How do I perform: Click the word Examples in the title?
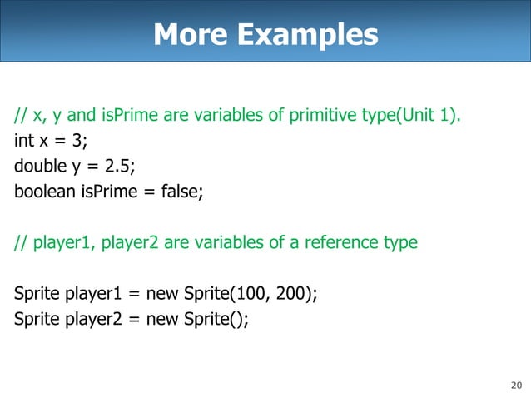(x=308, y=35)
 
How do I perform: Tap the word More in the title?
(x=191, y=35)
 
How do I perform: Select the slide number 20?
(x=515, y=385)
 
